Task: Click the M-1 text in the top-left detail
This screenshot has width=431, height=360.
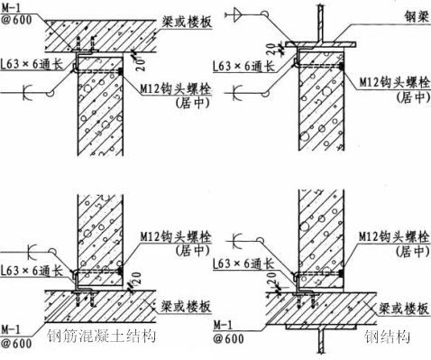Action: point(14,7)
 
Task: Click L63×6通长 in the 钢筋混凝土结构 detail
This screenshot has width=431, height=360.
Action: point(30,268)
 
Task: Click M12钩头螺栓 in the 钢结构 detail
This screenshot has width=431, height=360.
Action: point(385,236)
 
